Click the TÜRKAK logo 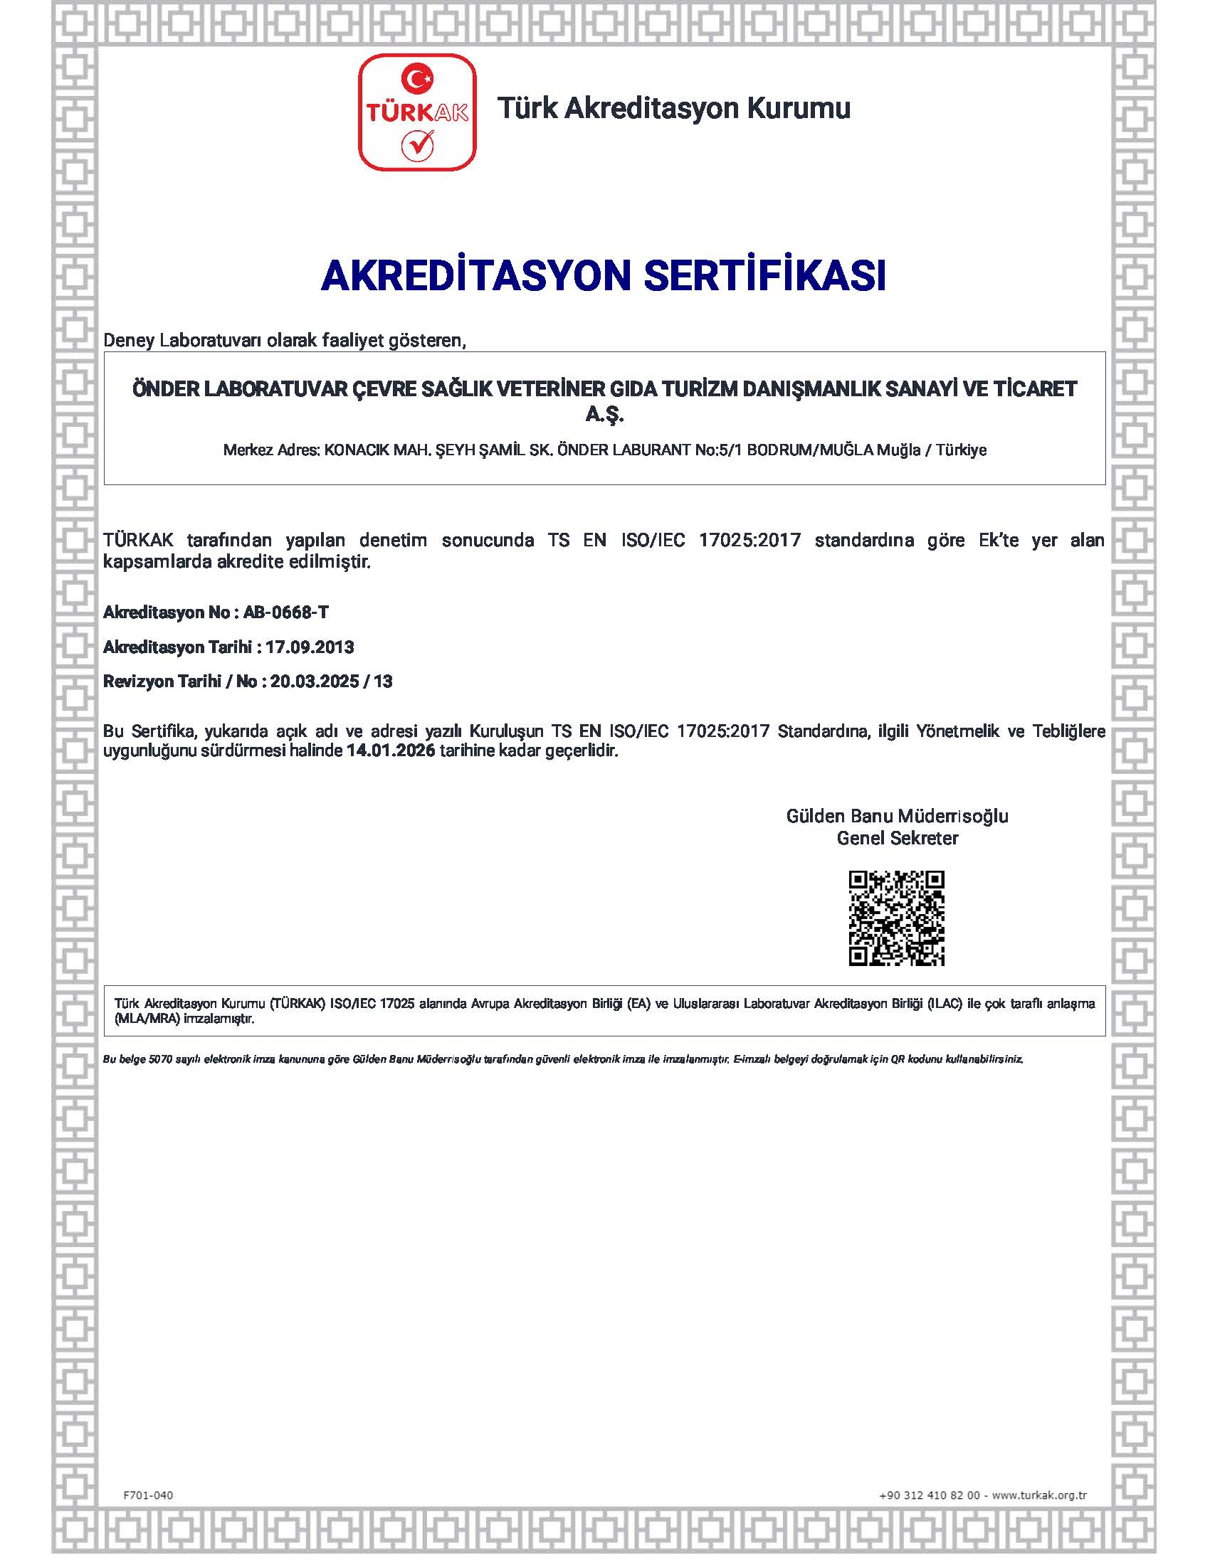click(416, 112)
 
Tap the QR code click(896, 918)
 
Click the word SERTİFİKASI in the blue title click(765, 276)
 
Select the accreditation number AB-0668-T click(286, 612)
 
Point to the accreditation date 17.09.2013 click(310, 647)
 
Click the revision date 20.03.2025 click(315, 681)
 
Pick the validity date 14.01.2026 click(391, 751)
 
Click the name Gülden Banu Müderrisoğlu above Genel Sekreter click(897, 816)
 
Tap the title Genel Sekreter click(897, 839)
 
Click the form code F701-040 click(148, 1495)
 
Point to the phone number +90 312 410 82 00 click(929, 1495)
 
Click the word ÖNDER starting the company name click(166, 389)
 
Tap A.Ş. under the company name click(605, 415)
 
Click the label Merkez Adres click(271, 450)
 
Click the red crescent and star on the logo click(417, 78)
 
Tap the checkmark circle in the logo click(417, 146)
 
